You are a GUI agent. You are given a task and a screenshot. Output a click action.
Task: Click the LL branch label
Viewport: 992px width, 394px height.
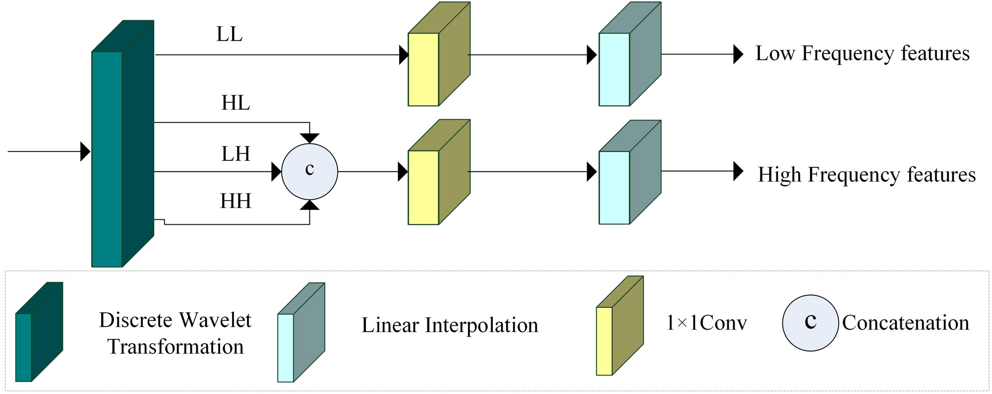[230, 35]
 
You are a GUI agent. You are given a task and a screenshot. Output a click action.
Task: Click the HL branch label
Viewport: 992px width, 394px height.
[235, 103]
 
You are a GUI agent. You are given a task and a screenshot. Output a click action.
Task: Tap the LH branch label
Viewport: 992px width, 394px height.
[235, 154]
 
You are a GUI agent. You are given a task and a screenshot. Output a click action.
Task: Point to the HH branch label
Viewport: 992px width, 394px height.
[235, 201]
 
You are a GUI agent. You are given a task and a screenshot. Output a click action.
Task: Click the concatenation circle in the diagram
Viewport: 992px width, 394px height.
[309, 172]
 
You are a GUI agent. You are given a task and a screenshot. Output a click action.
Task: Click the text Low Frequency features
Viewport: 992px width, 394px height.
[862, 53]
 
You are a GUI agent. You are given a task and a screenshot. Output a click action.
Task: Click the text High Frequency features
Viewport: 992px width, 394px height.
[867, 175]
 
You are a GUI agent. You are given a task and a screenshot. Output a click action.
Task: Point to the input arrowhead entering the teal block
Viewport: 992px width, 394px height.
[85, 151]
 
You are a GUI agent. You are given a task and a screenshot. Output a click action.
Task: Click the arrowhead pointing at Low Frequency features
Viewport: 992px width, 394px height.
[738, 54]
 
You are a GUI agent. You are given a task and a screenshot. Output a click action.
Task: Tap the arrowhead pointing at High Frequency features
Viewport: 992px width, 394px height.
[738, 171]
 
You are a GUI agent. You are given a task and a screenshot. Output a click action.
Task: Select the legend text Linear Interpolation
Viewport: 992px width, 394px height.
[450, 326]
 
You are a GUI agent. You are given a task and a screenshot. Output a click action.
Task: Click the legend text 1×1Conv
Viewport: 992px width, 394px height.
[706, 323]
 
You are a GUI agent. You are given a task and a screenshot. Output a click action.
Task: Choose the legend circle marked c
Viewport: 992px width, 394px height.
[810, 323]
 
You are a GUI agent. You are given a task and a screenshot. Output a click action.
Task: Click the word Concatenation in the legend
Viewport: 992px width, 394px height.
[905, 323]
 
